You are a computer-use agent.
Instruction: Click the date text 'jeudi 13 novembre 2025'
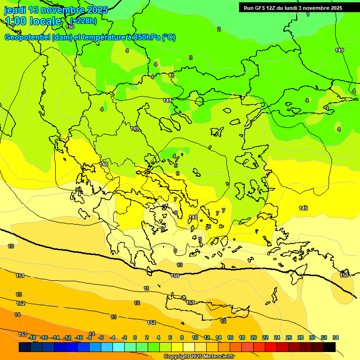[56, 10]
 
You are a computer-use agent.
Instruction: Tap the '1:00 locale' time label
[33, 21]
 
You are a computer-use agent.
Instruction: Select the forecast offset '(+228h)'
[83, 21]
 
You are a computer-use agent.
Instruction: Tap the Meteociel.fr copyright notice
[199, 357]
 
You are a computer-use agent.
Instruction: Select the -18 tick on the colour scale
[32, 337]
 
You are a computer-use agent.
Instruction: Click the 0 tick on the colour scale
[135, 337]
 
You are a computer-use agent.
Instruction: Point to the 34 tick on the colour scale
[336, 337]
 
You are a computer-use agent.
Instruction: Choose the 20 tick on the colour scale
[254, 337]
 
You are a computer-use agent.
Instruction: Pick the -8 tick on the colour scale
[89, 337]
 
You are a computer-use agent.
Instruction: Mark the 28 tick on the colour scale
[300, 337]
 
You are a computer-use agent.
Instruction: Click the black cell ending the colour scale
[330, 347]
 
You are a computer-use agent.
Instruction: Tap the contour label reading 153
[22, 334]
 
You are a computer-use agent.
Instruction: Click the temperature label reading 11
[147, 288]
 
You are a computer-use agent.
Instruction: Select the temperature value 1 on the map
[308, 15]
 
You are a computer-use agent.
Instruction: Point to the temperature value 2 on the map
[218, 29]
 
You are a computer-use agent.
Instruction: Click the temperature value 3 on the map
[190, 58]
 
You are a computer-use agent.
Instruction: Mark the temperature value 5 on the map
[176, 165]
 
